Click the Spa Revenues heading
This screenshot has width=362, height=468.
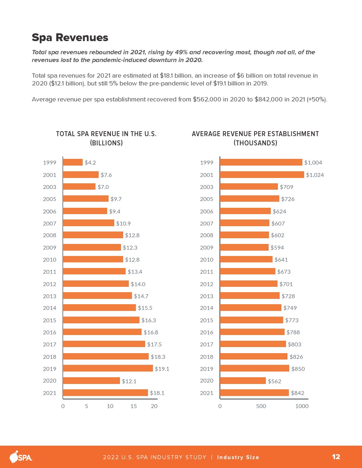pyautogui.click(x=70, y=38)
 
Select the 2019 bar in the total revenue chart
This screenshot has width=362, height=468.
pyautogui.click(x=108, y=368)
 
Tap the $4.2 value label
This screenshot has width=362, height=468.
pyautogui.click(x=90, y=162)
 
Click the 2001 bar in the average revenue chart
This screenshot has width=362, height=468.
pyautogui.click(x=262, y=175)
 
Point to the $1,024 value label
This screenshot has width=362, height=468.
pyautogui.click(x=315, y=175)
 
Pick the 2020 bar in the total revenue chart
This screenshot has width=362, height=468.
pyautogui.click(x=92, y=381)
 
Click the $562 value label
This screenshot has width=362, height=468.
pyautogui.click(x=274, y=381)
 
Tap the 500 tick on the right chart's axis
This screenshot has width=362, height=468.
pyautogui.click(x=261, y=406)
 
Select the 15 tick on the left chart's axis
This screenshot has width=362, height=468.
pyautogui.click(x=133, y=406)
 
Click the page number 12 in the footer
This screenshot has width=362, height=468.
pyautogui.click(x=336, y=457)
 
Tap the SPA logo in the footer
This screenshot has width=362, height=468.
pyautogui.click(x=21, y=457)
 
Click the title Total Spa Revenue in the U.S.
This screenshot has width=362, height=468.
pyautogui.click(x=106, y=134)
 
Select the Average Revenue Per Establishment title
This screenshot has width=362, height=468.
pyautogui.click(x=255, y=134)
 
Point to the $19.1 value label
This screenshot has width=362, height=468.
pyautogui.click(x=162, y=369)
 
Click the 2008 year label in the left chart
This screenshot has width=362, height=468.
pyautogui.click(x=50, y=235)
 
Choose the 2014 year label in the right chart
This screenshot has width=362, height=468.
pyautogui.click(x=207, y=308)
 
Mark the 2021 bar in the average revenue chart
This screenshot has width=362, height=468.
pyautogui.click(x=254, y=393)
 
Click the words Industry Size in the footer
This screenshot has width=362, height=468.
pyautogui.click(x=238, y=457)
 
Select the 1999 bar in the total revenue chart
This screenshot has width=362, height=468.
pyautogui.click(x=73, y=162)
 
